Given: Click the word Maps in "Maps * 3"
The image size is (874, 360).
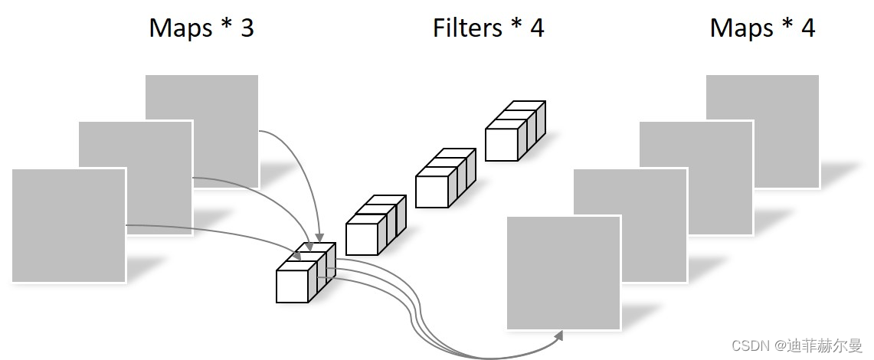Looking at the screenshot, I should coord(181,29).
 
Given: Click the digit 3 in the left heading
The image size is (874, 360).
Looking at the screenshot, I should coord(246,29).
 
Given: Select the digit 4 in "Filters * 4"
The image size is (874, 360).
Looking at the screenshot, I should coord(537,29).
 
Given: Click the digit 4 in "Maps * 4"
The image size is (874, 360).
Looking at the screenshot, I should coord(808,29).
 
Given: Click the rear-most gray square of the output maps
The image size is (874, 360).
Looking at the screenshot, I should coord(781,100).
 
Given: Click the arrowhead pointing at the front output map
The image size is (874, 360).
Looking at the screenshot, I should coord(558,335).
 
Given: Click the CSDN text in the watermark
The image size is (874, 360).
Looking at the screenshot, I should coord(747,345).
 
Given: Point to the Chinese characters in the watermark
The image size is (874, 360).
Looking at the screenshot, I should coord(823,345).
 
